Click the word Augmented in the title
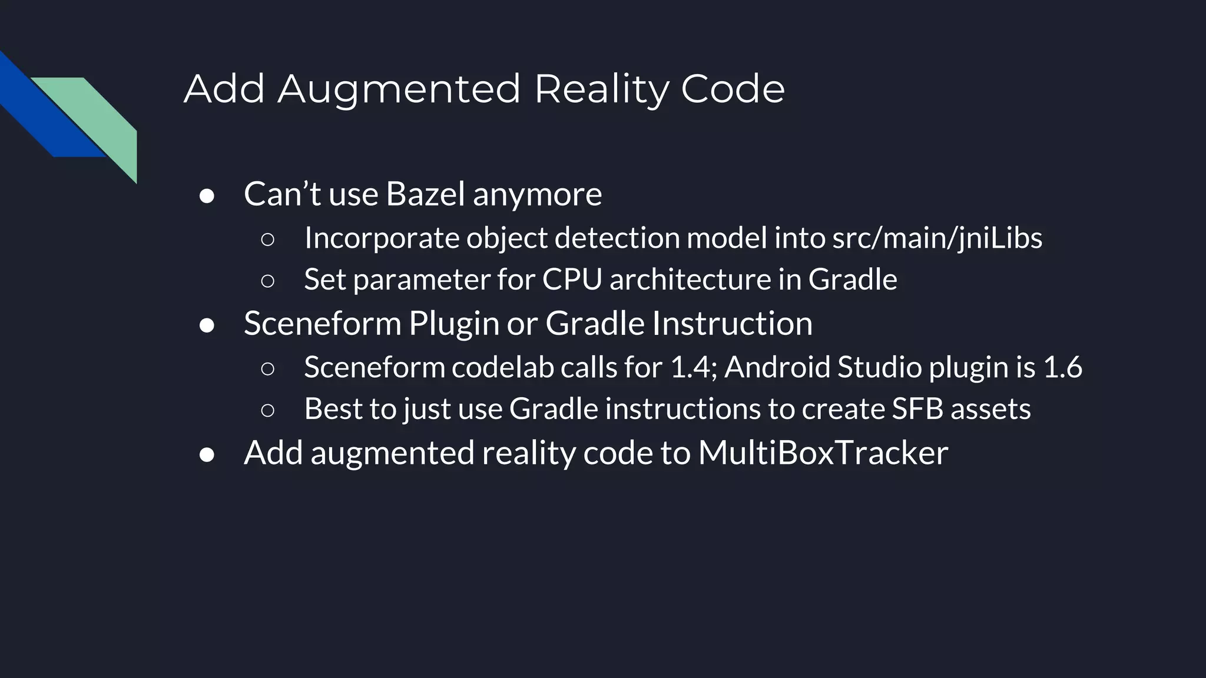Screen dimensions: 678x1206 click(x=399, y=89)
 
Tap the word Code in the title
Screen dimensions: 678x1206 click(x=733, y=89)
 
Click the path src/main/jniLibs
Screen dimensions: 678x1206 click(x=937, y=238)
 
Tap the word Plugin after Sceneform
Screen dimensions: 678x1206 click(x=453, y=323)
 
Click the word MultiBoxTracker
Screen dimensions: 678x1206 click(x=823, y=453)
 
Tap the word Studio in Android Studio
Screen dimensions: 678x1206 click(x=879, y=367)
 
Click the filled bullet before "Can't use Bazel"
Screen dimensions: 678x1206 click(x=207, y=196)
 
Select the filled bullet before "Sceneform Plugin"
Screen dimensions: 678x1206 click(x=207, y=325)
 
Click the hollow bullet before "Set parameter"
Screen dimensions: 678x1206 click(x=267, y=281)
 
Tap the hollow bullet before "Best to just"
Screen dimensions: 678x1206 click(x=267, y=411)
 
